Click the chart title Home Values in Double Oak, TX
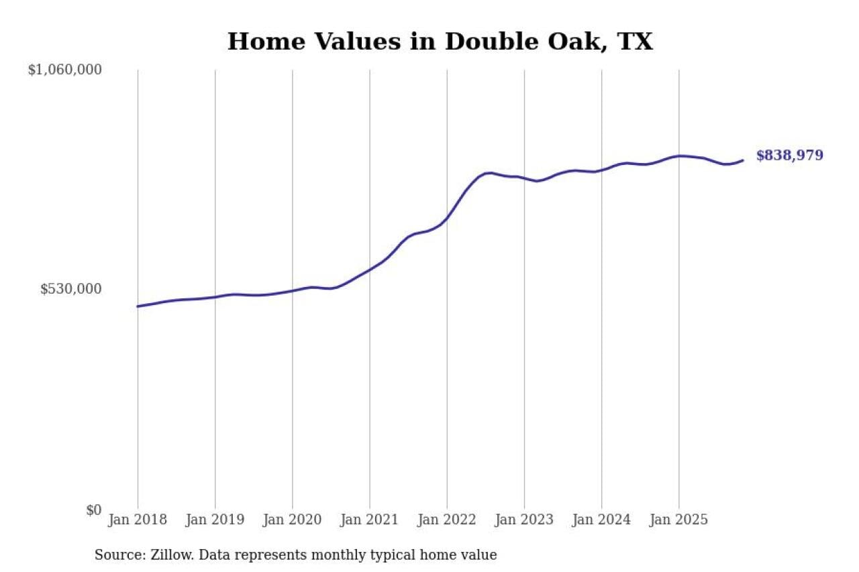pyautogui.click(x=440, y=42)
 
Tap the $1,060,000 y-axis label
pyautogui.click(x=65, y=69)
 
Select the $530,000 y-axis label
pyautogui.click(x=71, y=289)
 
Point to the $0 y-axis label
pyautogui.click(x=93, y=510)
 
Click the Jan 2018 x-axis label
pyautogui.click(x=138, y=520)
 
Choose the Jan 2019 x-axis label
pyautogui.click(x=215, y=520)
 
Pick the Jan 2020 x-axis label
pyautogui.click(x=292, y=520)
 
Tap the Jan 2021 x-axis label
pyautogui.click(x=369, y=520)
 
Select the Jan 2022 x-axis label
pyautogui.click(x=446, y=520)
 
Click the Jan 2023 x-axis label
pyautogui.click(x=524, y=520)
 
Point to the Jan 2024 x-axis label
pyautogui.click(x=601, y=520)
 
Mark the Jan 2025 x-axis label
pyautogui.click(x=678, y=520)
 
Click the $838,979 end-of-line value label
pyautogui.click(x=789, y=156)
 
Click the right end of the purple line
pyautogui.click(x=743, y=160)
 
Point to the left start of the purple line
pyautogui.click(x=138, y=306)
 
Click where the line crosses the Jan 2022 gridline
pyautogui.click(x=447, y=218)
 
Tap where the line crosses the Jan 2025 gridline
pyautogui.click(x=678, y=156)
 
